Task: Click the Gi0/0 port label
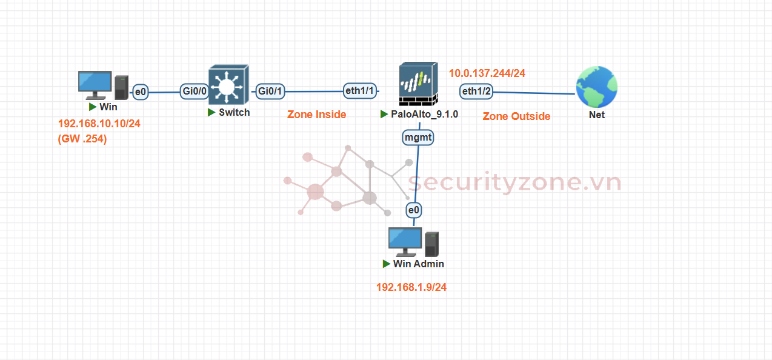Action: [x=195, y=92]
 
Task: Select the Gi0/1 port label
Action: [x=270, y=92]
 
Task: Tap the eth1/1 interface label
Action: [x=360, y=91]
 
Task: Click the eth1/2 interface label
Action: [x=476, y=92]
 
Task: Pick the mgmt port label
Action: [x=418, y=138]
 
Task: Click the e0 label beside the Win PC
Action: [x=141, y=92]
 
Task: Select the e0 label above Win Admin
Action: [x=414, y=210]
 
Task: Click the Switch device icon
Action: [x=227, y=85]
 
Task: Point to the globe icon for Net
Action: [x=597, y=87]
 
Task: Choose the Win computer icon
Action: [x=104, y=85]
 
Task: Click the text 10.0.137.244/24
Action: [x=487, y=73]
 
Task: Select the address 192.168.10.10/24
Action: [x=99, y=124]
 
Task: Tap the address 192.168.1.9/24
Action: [x=411, y=287]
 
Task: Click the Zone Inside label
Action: [x=316, y=115]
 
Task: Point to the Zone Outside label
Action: [x=516, y=116]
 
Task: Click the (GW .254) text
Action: [x=82, y=139]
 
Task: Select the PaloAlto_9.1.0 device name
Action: [x=424, y=114]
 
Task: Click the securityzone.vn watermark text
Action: [x=514, y=182]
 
